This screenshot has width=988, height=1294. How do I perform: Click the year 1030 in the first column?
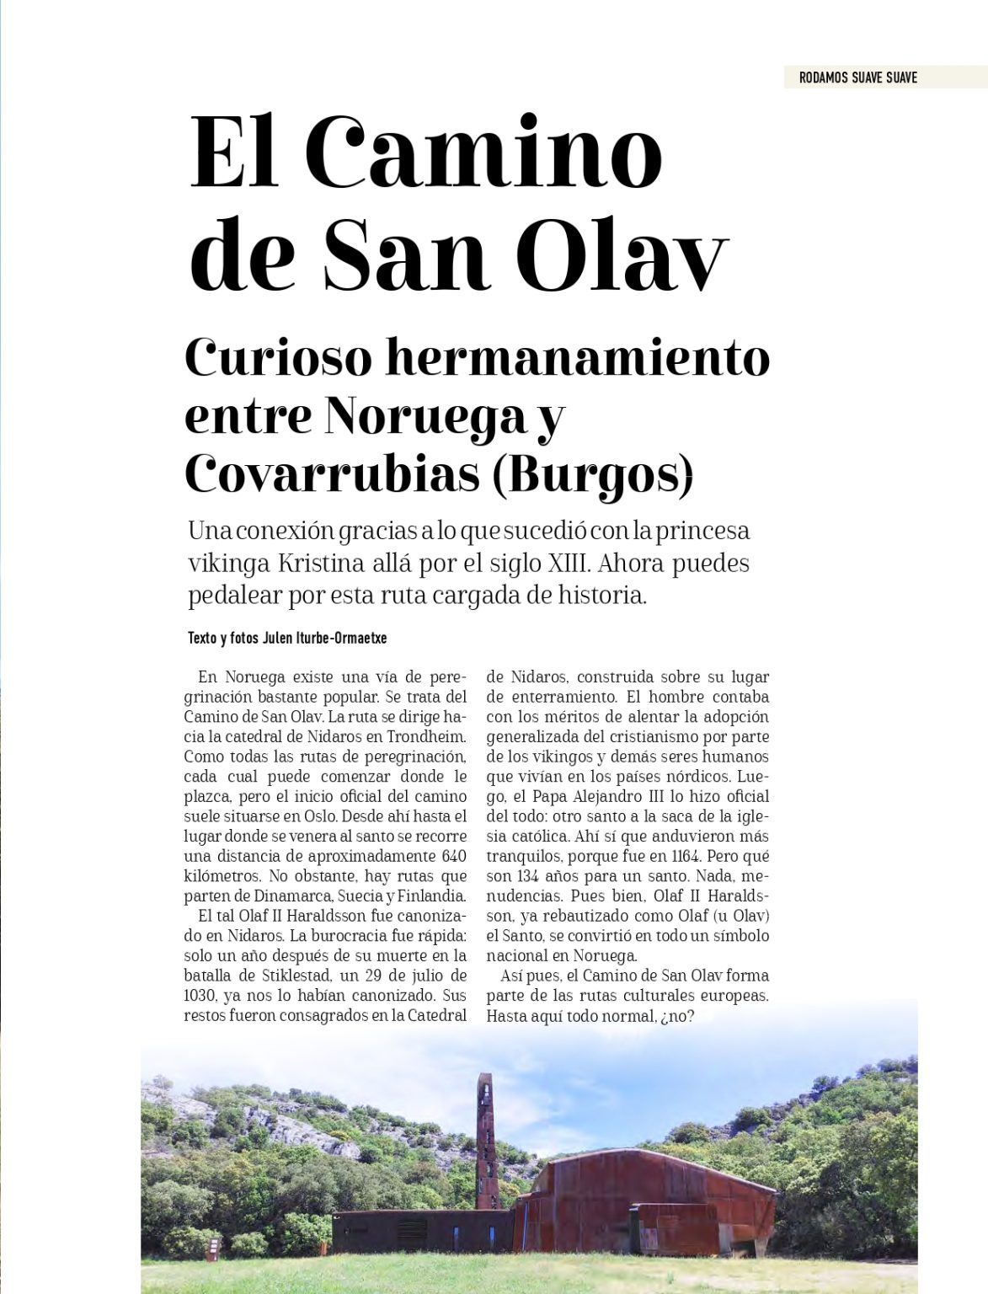pyautogui.click(x=200, y=997)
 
